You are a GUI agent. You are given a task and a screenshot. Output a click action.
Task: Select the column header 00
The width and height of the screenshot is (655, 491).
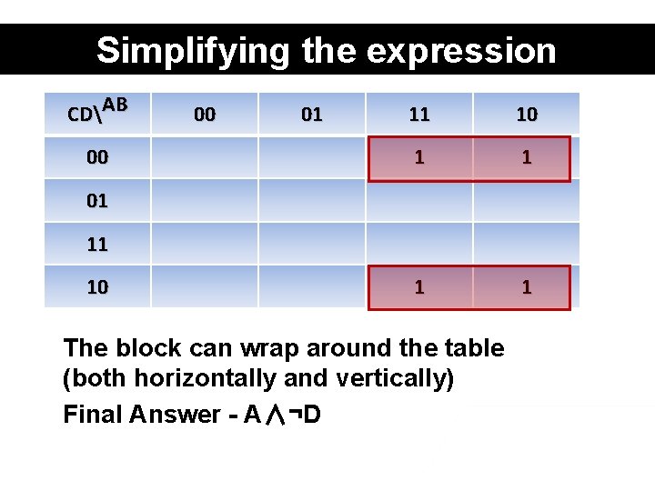205,115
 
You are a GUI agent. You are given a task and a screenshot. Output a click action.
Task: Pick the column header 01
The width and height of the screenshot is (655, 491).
312,115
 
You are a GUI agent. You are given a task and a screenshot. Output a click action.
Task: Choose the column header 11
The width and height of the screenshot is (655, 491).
419,115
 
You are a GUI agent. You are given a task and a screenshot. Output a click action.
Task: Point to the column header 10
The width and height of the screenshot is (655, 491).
527,115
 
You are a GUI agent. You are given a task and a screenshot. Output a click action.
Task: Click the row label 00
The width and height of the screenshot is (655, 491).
97,157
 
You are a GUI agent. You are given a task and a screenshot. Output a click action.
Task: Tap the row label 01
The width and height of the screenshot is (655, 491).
97,201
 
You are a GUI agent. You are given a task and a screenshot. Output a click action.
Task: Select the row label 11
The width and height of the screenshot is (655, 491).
97,244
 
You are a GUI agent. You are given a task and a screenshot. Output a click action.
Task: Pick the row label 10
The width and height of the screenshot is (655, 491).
97,287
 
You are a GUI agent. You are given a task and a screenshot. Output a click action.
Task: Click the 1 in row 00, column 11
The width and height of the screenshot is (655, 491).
419,157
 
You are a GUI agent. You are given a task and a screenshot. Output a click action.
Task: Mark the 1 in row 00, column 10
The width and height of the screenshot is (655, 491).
527,157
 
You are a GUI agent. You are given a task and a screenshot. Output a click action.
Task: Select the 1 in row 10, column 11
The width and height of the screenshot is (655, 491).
419,287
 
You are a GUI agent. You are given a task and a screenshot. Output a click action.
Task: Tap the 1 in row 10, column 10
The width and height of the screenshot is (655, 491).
527,287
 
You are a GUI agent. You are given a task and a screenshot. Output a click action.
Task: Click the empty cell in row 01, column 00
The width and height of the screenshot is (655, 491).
205,201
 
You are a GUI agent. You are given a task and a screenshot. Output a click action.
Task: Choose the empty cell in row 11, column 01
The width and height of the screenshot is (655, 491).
312,244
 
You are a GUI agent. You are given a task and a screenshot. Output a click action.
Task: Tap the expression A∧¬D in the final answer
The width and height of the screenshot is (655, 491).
282,415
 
